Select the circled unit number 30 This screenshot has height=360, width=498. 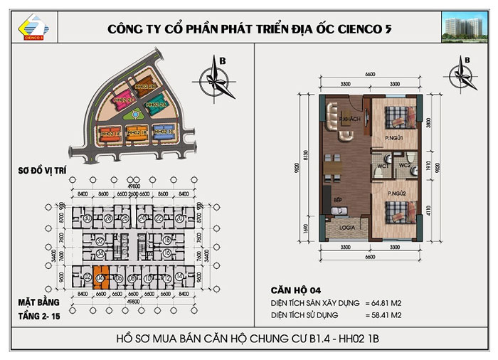click(x=87, y=218)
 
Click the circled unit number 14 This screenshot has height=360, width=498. click(x=179, y=277)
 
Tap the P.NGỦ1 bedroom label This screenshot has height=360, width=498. click(x=395, y=137)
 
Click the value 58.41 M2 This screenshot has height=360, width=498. click(x=391, y=313)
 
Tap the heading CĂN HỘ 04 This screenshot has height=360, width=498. click(x=295, y=290)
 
